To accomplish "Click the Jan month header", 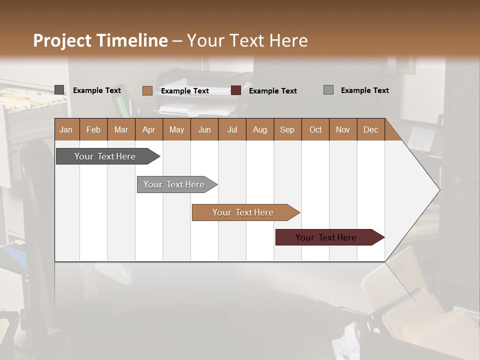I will [66, 129].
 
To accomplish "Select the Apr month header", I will [148, 129].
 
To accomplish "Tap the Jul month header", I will [232, 129].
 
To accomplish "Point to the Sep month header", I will [287, 129].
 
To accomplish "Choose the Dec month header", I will [370, 129].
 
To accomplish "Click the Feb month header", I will [93, 129].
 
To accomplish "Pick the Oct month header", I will [315, 129].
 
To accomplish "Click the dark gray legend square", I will [59, 90].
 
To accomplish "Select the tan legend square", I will [147, 90].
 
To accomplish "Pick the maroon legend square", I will [236, 90].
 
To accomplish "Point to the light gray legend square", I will [328, 90].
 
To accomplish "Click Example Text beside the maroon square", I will [272, 90].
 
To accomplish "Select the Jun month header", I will [204, 129].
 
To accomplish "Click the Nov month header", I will [343, 129].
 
